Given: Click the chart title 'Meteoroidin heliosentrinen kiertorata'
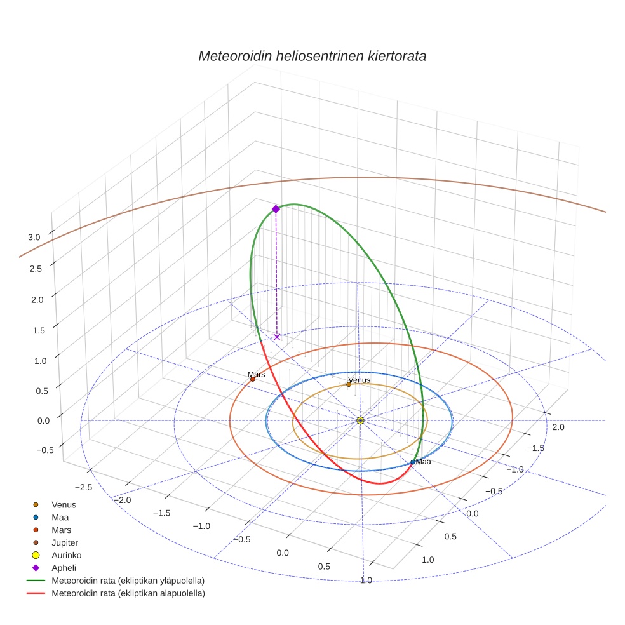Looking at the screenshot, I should [x=312, y=56].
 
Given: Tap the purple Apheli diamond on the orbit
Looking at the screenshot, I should [x=276, y=209].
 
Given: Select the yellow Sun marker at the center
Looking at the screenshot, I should [x=360, y=420].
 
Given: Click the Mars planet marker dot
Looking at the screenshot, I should [x=253, y=379].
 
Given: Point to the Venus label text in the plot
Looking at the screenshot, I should [x=359, y=380].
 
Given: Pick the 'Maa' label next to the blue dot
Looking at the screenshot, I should [x=423, y=462].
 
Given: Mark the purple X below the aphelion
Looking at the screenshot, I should [x=277, y=337].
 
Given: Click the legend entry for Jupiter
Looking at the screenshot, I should [x=65, y=542].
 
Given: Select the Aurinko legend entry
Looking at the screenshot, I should [x=66, y=555].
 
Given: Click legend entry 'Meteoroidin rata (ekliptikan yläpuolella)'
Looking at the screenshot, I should [x=128, y=581].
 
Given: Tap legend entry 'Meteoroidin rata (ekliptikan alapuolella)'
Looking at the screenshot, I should [x=128, y=593].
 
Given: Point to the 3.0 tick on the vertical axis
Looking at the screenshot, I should [x=34, y=238].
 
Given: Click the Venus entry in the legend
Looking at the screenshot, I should [x=64, y=504].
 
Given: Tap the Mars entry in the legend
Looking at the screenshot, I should [x=61, y=530].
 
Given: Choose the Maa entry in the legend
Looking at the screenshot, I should [x=60, y=517].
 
